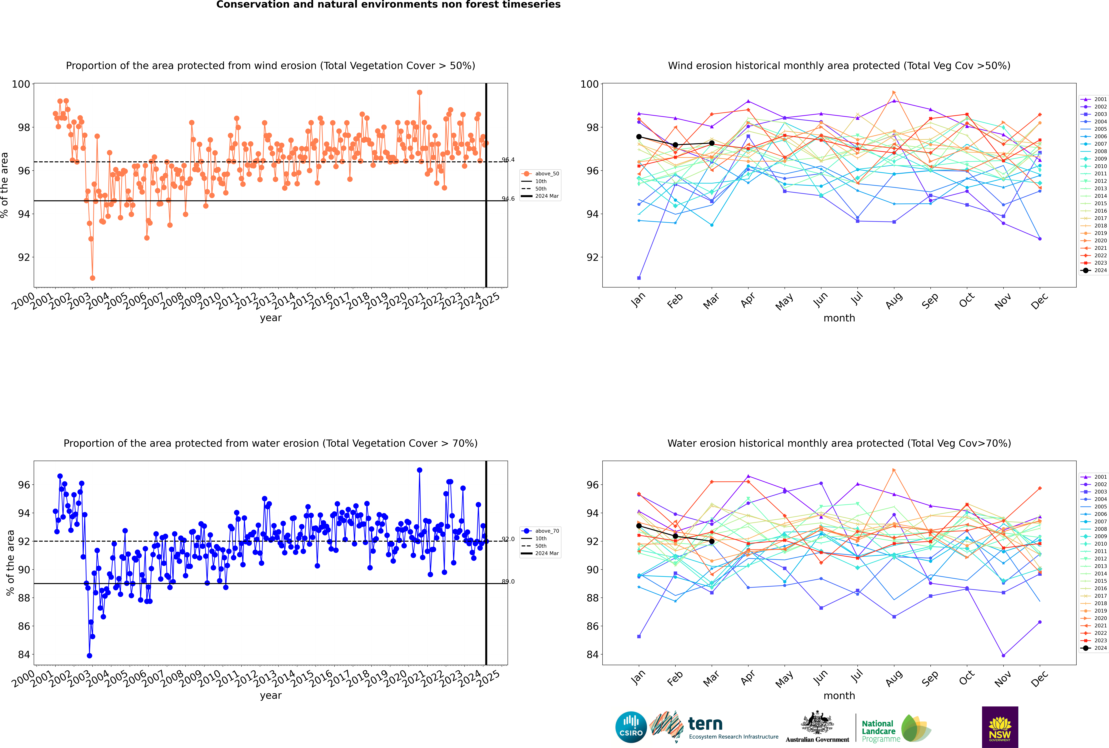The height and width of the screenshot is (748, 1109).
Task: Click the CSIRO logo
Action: [x=631, y=727]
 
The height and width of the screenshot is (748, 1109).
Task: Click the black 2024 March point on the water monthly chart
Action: [x=712, y=541]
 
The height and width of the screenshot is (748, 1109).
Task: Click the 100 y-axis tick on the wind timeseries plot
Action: [x=21, y=84]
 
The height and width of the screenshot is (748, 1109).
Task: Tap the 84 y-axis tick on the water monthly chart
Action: [x=593, y=654]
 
